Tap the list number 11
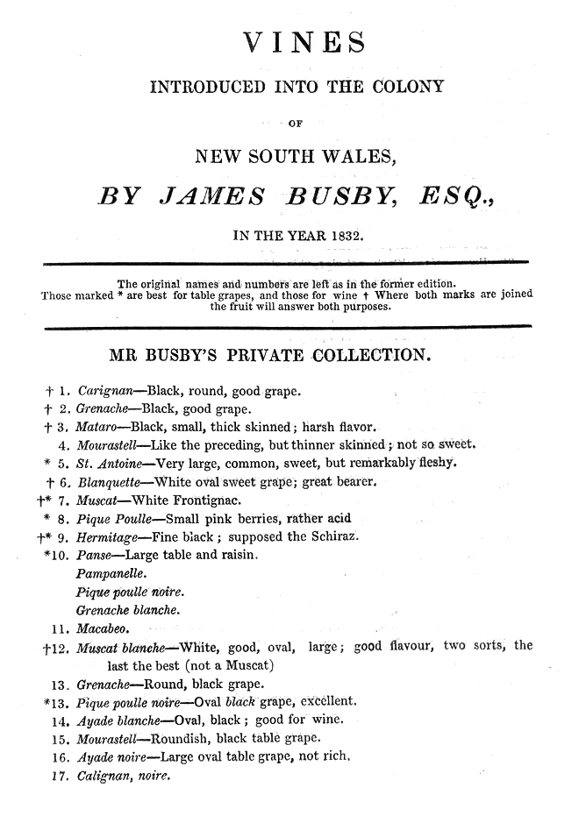[60, 628]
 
